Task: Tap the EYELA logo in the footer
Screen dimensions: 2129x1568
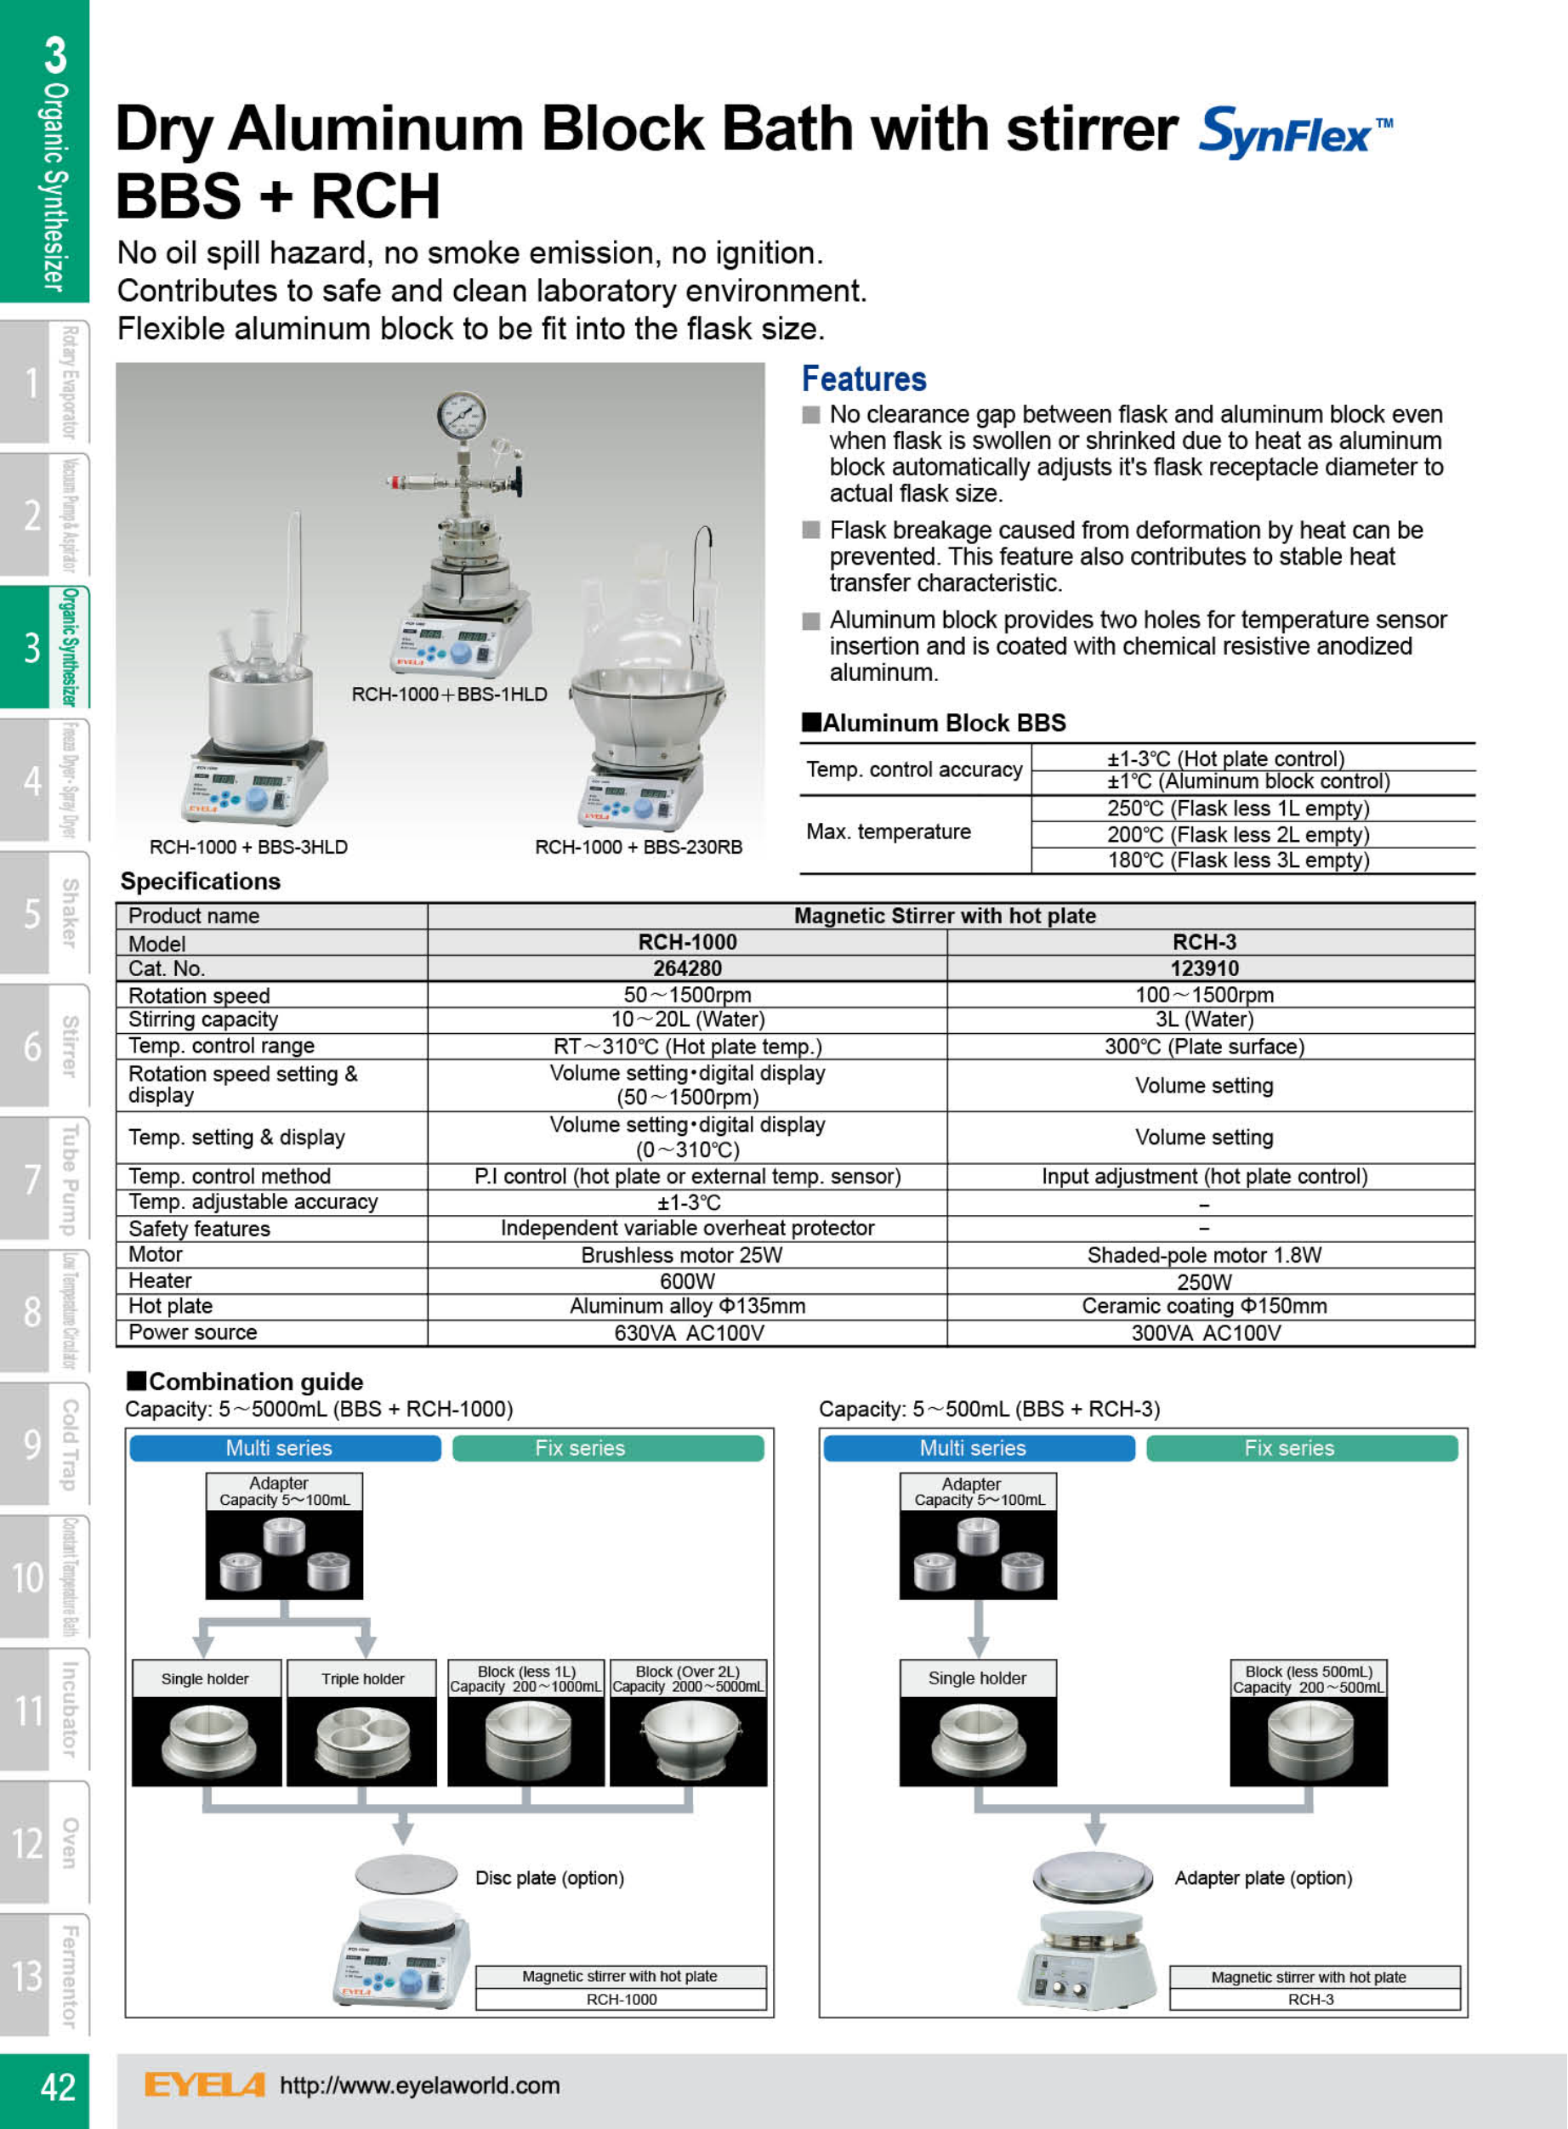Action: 204,2086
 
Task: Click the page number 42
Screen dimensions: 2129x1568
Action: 57,2087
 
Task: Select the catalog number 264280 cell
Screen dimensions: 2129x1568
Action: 687,968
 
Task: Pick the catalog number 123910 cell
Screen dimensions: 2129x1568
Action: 1203,968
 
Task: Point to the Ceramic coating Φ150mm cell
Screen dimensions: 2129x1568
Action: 1203,1306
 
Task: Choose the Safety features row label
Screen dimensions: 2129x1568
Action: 199,1229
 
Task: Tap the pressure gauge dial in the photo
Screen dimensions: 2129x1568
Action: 461,416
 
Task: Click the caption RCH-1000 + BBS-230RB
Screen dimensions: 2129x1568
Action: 638,847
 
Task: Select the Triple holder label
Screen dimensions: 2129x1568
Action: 362,1679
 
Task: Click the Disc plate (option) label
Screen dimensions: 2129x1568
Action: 549,1877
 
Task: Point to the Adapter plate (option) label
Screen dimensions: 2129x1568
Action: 1264,1877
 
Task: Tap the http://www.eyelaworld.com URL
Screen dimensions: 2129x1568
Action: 419,2086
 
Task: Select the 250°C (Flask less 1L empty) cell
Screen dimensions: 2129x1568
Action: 1238,809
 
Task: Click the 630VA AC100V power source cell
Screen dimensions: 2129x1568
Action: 688,1332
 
